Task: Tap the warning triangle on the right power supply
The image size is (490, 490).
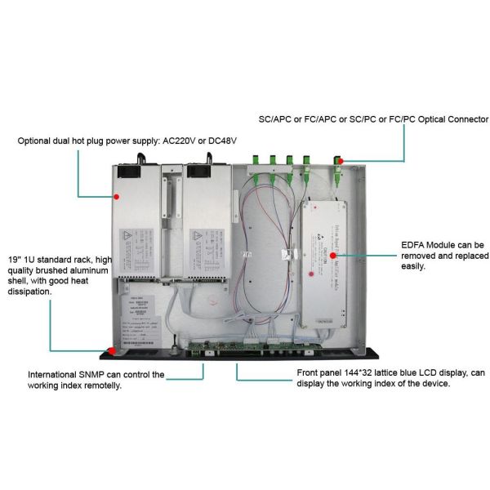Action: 198,237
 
